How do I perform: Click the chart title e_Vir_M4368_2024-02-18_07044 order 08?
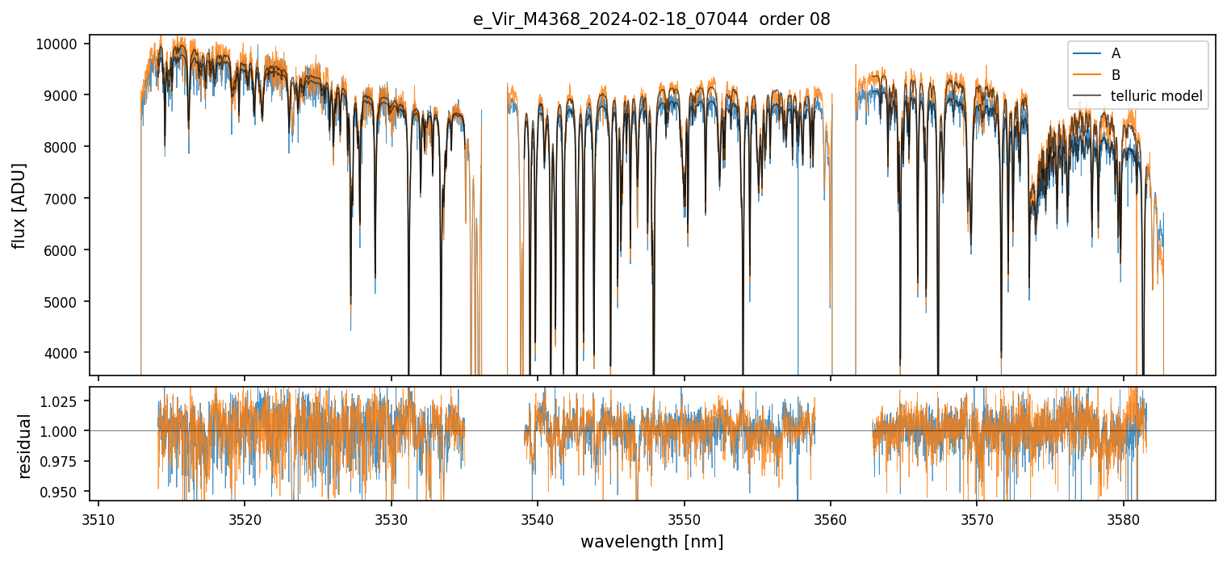click(x=651, y=19)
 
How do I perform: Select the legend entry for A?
click(x=1116, y=53)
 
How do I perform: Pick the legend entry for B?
click(x=1116, y=75)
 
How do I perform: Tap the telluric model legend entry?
click(x=1156, y=97)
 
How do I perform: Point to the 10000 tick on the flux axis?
click(x=57, y=44)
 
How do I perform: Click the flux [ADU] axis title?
click(x=19, y=205)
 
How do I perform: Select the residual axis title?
click(x=24, y=446)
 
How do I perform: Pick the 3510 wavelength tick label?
click(x=98, y=518)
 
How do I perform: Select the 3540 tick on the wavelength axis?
click(x=538, y=518)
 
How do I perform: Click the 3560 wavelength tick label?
click(x=831, y=518)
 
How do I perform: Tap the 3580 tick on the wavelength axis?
click(x=1124, y=518)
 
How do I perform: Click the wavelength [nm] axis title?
click(x=651, y=542)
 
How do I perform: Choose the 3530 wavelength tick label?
click(x=392, y=518)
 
